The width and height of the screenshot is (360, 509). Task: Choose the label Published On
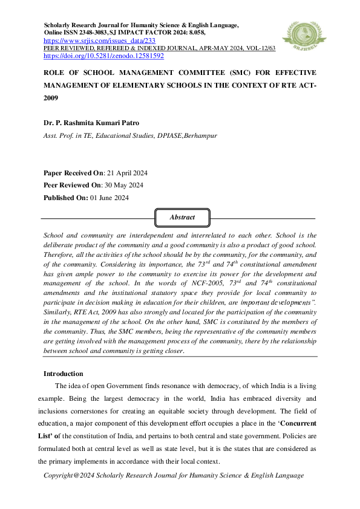pyautogui.click(x=65, y=198)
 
